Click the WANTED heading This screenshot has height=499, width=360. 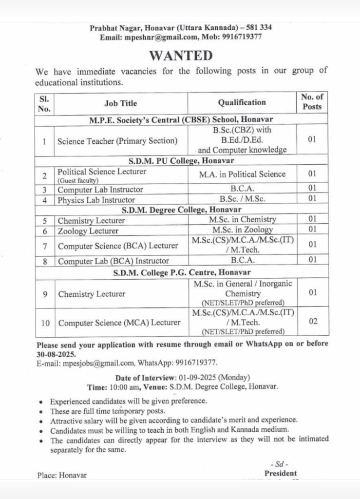point(181,55)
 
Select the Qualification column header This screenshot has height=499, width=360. point(242,102)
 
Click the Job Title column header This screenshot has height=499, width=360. point(121,103)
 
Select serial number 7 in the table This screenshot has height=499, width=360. point(44,246)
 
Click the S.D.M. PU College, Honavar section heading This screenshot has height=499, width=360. point(181,160)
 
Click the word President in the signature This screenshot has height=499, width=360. point(280,473)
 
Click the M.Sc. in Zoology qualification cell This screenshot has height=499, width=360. point(242,230)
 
